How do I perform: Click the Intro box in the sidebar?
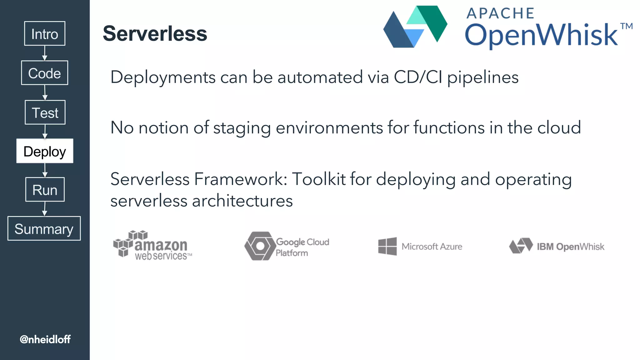click(x=45, y=33)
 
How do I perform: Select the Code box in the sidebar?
click(x=44, y=73)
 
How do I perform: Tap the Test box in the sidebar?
click(x=45, y=112)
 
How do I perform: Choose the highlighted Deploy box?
click(x=45, y=151)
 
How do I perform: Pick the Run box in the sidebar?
click(x=45, y=190)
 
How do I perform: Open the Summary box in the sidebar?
click(x=44, y=228)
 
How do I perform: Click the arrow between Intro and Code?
click(x=45, y=53)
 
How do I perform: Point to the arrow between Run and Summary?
click(x=45, y=209)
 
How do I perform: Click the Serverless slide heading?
click(x=155, y=33)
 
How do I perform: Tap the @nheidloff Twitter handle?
click(x=45, y=339)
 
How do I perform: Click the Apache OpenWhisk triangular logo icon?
click(x=415, y=27)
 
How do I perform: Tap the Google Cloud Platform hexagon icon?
click(x=259, y=246)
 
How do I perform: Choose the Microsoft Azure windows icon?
click(x=387, y=246)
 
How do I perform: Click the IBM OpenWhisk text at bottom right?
click(x=570, y=247)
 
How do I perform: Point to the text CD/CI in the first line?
click(x=418, y=77)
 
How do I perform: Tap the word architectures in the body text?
click(x=242, y=201)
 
